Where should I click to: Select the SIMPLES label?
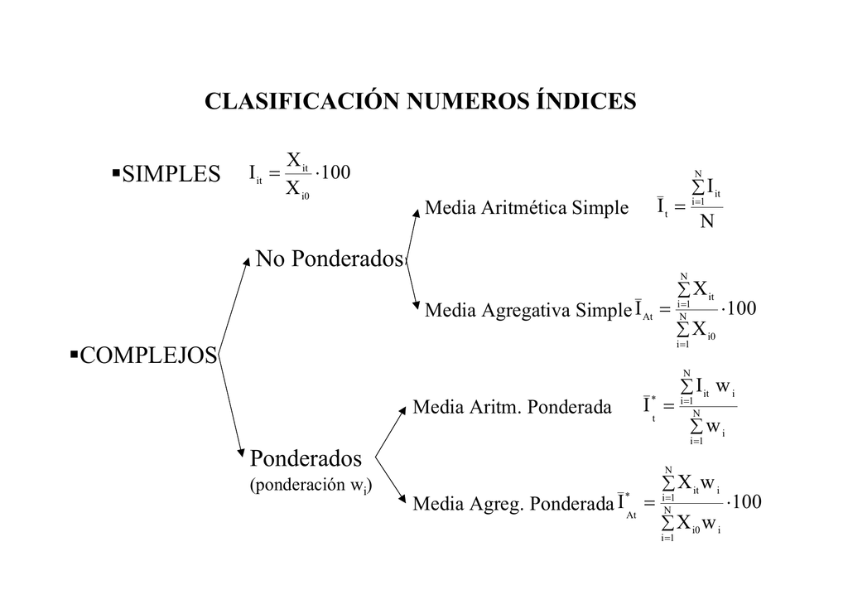click(x=171, y=174)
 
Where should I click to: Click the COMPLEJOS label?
click(x=148, y=356)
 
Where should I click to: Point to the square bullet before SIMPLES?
click(x=116, y=173)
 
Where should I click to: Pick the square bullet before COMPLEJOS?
click(x=74, y=355)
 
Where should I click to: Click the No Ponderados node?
click(x=330, y=259)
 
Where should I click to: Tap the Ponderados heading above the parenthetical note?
click(x=306, y=458)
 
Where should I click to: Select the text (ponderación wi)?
click(x=311, y=486)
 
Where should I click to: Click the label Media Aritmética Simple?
click(x=527, y=207)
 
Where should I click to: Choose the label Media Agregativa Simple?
click(x=528, y=310)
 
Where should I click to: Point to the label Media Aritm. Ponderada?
click(x=512, y=407)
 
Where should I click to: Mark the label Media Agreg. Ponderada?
click(x=513, y=504)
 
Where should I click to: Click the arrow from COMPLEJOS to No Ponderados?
click(x=234, y=307)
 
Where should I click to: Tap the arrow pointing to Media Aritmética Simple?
click(x=412, y=234)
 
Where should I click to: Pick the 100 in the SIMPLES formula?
click(x=336, y=172)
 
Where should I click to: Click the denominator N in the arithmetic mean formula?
click(x=707, y=221)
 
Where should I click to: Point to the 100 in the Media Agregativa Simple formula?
click(x=742, y=308)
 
